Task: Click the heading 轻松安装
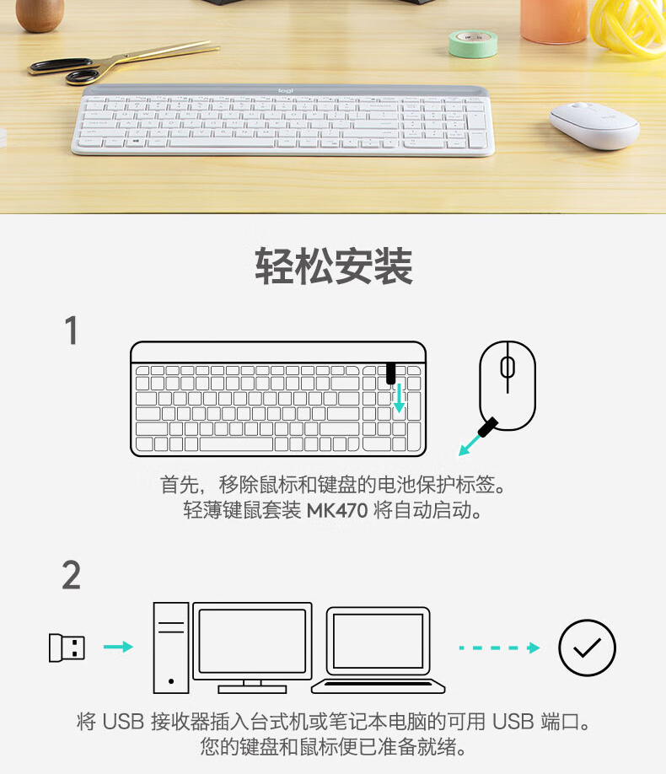point(334,266)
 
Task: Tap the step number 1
point(72,331)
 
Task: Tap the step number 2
point(72,575)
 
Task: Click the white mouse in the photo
point(594,126)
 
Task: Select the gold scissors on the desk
point(123,62)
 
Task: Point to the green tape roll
point(473,44)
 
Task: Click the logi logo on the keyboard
point(285,90)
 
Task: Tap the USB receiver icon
point(67,648)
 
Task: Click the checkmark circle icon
point(587,648)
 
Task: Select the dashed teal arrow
point(499,648)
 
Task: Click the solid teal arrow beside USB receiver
point(119,647)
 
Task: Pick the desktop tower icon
point(171,648)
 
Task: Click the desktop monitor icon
point(252,648)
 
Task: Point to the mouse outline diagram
point(508,385)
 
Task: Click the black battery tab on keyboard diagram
point(390,374)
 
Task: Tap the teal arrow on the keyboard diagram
point(399,398)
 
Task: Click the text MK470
point(337,510)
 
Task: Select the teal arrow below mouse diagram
point(470,443)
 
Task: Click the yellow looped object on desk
point(628,27)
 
